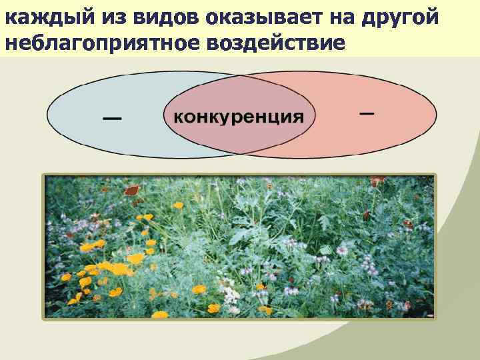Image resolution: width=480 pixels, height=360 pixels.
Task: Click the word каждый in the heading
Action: click(x=34, y=18)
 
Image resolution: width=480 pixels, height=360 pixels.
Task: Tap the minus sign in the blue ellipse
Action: click(x=112, y=119)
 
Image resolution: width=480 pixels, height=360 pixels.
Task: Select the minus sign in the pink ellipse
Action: click(x=366, y=113)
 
